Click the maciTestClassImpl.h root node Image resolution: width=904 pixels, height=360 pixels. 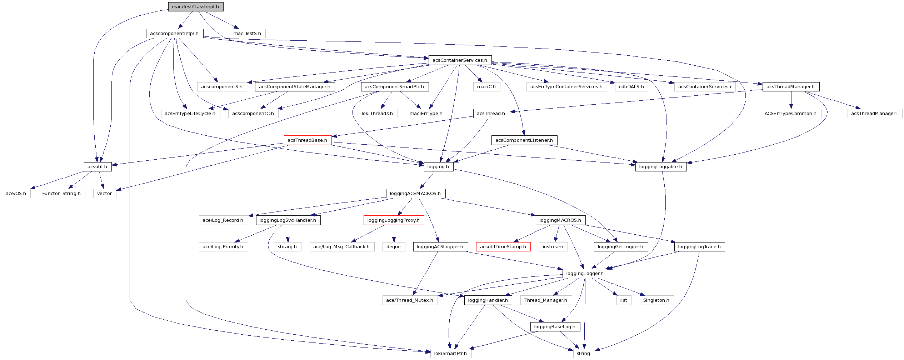196,7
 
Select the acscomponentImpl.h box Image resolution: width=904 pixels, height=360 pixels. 174,34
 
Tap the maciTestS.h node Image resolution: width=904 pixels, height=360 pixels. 247,34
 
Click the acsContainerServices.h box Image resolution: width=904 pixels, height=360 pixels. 460,60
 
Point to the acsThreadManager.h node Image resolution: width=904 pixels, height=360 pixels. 790,87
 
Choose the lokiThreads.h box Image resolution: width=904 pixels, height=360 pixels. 377,114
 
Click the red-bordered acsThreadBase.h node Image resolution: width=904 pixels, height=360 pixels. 308,140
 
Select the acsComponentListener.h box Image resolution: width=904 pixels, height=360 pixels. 524,140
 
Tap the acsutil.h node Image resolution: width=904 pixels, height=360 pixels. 97,167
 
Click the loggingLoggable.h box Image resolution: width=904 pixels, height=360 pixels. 660,167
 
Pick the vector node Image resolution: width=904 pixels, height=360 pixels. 104,194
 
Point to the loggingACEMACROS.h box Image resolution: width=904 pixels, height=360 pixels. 415,194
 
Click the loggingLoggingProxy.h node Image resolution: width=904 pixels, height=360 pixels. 394,220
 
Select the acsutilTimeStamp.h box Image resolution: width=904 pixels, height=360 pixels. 503,247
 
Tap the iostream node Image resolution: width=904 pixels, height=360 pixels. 553,247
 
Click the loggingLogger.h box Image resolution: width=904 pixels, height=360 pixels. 585,274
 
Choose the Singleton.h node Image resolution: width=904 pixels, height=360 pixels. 656,300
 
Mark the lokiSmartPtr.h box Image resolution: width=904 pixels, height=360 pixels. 450,354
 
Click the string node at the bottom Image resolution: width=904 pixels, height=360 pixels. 583,354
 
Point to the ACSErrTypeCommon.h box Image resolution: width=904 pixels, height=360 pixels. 790,114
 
